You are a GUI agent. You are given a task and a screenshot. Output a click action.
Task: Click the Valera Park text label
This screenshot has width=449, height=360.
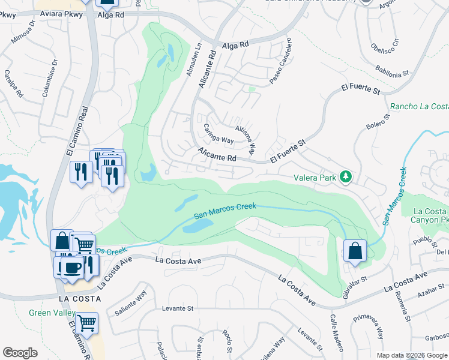coord(316,178)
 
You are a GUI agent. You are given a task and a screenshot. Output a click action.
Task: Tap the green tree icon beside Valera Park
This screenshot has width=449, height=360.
coord(346,176)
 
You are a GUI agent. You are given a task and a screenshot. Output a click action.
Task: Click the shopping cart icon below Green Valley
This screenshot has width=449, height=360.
coord(88,323)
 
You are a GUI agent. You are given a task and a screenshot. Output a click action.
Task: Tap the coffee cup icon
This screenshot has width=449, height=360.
coord(72,268)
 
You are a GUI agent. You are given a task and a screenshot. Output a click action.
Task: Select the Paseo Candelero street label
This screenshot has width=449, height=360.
coord(280,62)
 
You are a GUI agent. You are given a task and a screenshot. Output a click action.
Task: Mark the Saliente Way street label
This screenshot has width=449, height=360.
coord(130,302)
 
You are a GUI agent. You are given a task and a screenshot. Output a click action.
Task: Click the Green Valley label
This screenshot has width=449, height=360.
coord(52,313)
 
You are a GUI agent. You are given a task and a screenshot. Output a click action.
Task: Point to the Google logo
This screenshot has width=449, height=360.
coord(20,352)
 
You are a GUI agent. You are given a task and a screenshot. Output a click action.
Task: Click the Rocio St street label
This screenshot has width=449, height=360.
coord(228,341)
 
